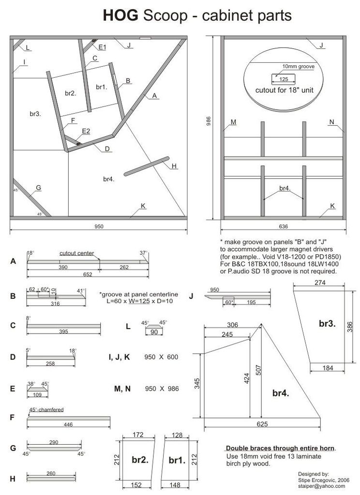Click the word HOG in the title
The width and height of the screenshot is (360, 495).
point(121,16)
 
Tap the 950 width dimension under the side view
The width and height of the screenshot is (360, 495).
point(98,226)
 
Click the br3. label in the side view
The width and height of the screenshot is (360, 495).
point(35,114)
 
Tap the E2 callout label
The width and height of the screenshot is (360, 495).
point(86,131)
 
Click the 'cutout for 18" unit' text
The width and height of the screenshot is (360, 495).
point(283,90)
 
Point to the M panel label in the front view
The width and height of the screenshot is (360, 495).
point(233,122)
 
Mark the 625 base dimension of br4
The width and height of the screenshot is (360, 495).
point(262,424)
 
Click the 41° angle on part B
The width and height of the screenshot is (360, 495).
point(81,291)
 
